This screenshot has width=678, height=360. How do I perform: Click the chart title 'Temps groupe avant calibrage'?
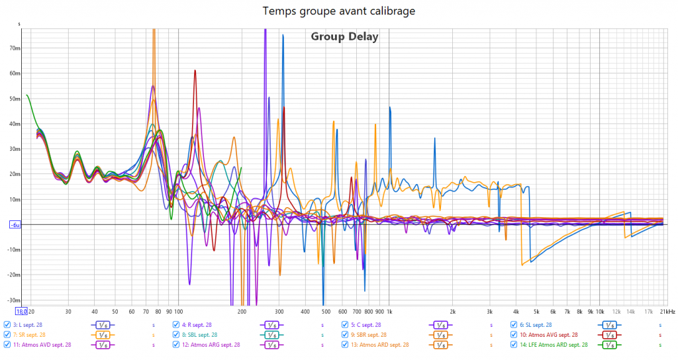(339, 11)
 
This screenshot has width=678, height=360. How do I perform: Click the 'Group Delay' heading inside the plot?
(344, 37)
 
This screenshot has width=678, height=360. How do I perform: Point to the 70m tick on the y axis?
(15, 48)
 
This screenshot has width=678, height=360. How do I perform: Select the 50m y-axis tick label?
(15, 99)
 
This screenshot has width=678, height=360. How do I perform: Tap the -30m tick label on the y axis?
(14, 300)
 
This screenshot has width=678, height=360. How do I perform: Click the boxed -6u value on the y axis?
(15, 225)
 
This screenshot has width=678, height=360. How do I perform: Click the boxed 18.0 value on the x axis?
(21, 311)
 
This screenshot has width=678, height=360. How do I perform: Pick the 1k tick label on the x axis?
(389, 311)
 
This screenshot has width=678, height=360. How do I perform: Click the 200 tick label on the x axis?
(242, 311)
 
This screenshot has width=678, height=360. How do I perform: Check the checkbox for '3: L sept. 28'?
(7, 325)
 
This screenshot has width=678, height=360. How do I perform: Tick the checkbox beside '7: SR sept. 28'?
(7, 335)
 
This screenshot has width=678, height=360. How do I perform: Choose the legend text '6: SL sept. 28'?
(536, 325)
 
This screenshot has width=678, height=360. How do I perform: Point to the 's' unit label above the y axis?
(19, 24)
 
